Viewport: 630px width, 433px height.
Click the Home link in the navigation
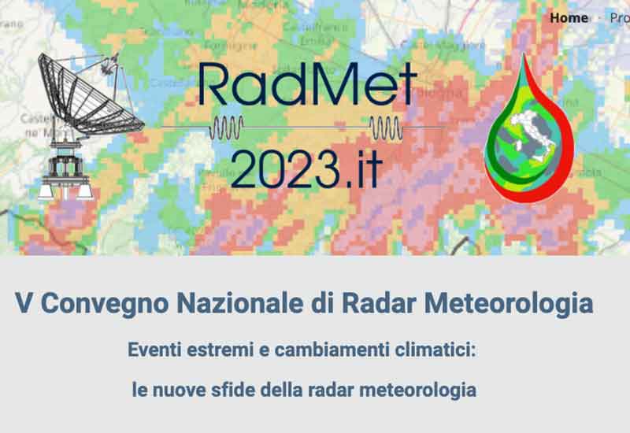(x=569, y=17)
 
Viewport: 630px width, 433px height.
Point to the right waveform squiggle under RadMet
(x=388, y=126)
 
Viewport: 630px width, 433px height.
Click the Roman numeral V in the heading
(x=23, y=303)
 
